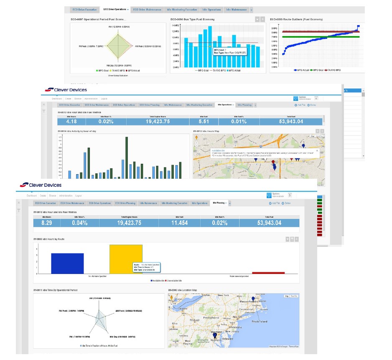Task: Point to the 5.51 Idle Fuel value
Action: (204, 122)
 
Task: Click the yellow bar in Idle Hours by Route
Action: (126, 259)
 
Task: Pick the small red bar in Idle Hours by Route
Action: (268, 273)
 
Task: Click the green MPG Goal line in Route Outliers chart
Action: (318, 37)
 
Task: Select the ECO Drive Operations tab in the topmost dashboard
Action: (114, 9)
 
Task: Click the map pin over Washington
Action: (215, 336)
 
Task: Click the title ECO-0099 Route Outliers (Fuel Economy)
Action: (296, 19)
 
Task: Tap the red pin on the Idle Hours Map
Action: (273, 162)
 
